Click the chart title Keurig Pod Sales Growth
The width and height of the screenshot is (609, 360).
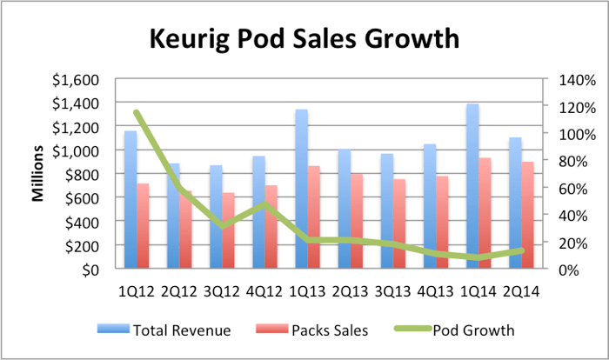point(304,40)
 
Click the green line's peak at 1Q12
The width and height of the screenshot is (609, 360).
point(137,112)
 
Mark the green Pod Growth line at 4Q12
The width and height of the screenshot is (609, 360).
point(261,205)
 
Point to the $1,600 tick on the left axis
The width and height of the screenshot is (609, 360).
point(75,80)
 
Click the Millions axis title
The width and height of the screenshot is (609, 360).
point(38,174)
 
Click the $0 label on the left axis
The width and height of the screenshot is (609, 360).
point(92,270)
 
